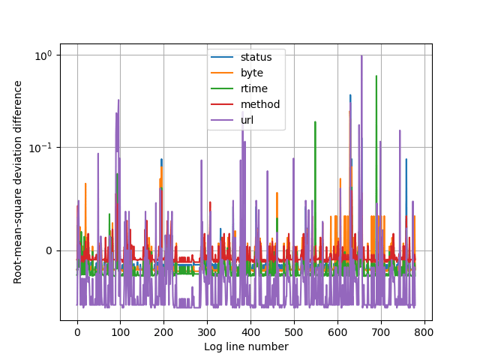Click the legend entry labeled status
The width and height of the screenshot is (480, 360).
256,57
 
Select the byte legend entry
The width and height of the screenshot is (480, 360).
252,73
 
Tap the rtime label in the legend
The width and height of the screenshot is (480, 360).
253,88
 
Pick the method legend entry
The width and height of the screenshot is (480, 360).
259,104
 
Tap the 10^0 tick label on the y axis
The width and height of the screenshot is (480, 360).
42,55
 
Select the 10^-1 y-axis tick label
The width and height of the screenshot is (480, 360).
40,148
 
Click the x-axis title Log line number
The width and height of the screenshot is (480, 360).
246,346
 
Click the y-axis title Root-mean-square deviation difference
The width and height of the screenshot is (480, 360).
18,181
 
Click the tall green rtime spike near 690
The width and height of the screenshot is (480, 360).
376,76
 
